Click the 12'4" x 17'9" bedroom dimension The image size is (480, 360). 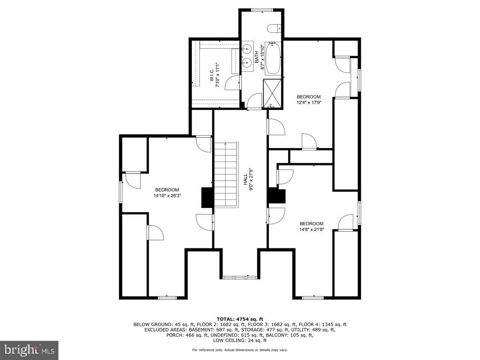point(308,102)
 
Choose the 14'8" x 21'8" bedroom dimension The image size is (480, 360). point(311,229)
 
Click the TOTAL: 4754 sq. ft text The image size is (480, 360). point(240,319)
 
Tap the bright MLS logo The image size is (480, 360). point(29,350)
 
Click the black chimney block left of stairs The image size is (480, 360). point(207,197)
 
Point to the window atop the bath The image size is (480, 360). point(262,10)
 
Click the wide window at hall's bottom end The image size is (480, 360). point(240,277)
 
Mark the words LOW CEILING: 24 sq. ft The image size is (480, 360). point(240,340)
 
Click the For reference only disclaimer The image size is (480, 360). point(240,350)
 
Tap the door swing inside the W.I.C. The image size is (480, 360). point(232,84)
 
